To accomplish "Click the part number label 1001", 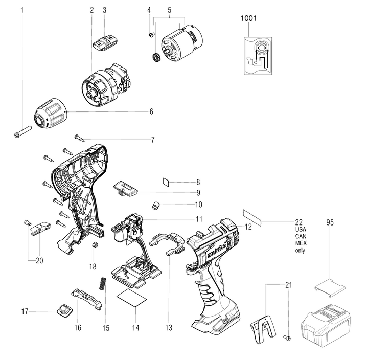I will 249,18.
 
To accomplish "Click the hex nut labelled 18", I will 94,246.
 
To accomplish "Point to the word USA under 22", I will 301,230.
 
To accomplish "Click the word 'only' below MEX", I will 300,251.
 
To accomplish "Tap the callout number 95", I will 330,222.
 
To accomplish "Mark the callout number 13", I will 169,327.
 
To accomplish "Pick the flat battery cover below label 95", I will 329,286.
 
